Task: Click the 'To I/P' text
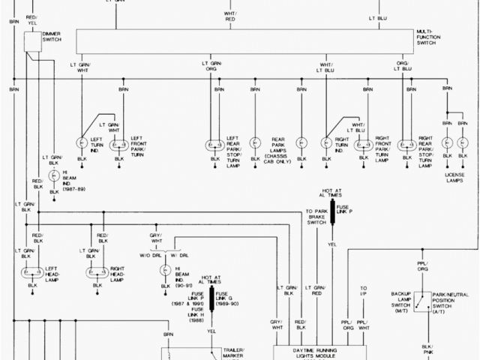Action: [x=363, y=289]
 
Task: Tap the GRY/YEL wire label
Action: [x=156, y=238]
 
